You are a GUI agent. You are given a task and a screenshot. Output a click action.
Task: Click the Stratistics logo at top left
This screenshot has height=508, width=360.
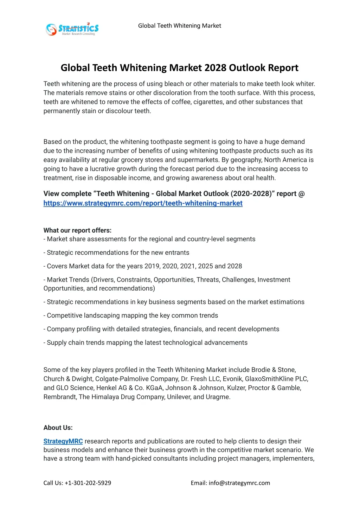(x=72, y=29)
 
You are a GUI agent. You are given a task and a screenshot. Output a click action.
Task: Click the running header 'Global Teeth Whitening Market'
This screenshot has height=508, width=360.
(x=179, y=26)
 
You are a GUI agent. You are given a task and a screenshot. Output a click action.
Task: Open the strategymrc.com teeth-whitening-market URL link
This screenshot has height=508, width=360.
(x=143, y=203)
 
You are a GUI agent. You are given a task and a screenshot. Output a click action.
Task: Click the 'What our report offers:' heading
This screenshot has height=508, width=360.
(x=77, y=230)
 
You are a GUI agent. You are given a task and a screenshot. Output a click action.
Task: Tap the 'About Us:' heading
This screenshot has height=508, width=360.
(x=58, y=428)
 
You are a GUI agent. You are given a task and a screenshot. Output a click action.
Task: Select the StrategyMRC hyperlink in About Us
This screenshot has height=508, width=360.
(x=63, y=441)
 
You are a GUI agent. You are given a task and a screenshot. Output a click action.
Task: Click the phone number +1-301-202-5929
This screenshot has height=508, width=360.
(x=88, y=483)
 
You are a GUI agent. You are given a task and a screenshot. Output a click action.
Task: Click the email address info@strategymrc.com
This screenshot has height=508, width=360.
(x=239, y=483)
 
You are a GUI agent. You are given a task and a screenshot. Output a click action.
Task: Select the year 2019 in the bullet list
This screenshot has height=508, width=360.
(x=152, y=266)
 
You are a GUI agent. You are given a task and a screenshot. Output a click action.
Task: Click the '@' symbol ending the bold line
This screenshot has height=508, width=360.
(x=301, y=194)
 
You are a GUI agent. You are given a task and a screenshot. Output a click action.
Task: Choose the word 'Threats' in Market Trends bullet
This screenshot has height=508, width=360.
(x=207, y=280)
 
